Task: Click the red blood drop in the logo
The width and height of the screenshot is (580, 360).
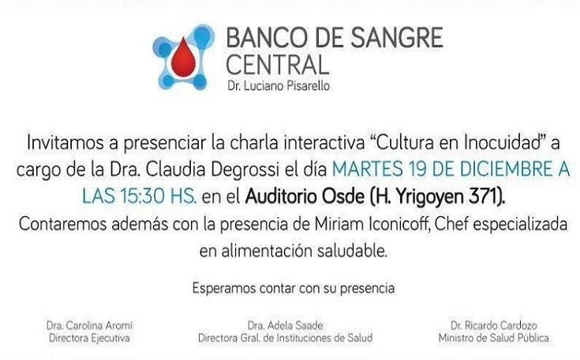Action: [x=183, y=57]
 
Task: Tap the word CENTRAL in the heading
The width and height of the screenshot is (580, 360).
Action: [x=277, y=65]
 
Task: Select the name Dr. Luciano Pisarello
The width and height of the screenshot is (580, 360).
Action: [x=278, y=86]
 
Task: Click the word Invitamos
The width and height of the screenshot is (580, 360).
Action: [x=65, y=143]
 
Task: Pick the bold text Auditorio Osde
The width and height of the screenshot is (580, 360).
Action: [x=305, y=197]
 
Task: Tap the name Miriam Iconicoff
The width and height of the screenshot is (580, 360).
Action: [x=371, y=224]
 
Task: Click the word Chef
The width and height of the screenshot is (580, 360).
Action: [x=451, y=224]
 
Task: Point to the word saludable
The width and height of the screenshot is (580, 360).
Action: [x=351, y=251]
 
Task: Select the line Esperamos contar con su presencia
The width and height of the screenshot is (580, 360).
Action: [x=294, y=288]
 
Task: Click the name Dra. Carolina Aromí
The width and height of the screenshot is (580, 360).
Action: [x=89, y=325]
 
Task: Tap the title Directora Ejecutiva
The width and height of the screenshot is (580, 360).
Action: [x=89, y=338]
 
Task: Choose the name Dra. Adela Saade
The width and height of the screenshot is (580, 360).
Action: [x=285, y=325]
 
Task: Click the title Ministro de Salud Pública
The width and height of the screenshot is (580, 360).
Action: [x=494, y=338]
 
